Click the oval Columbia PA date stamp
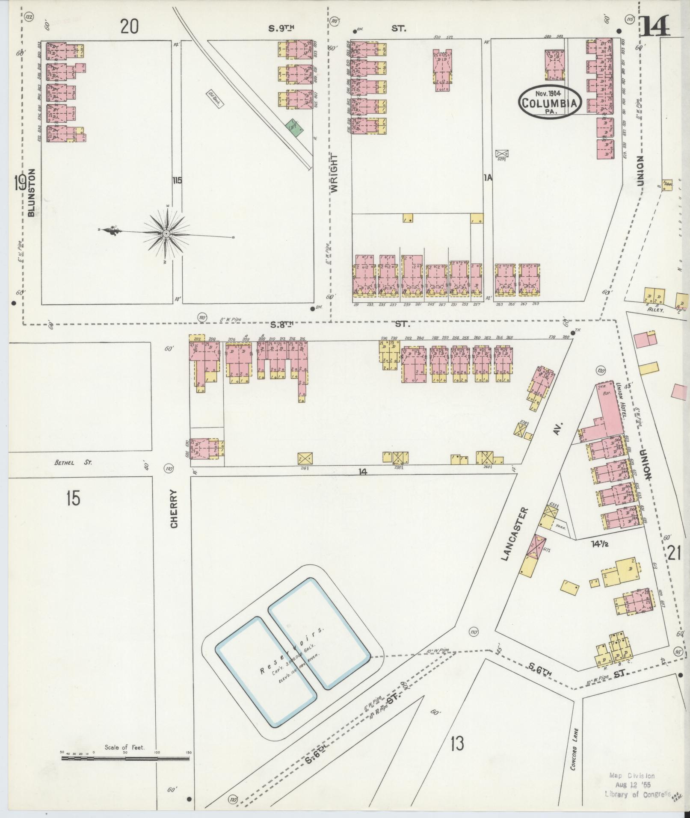tap(550, 101)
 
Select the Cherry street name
tap(174, 509)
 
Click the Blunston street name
tap(31, 192)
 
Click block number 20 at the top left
tap(129, 27)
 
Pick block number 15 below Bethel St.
tap(73, 498)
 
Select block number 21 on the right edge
tap(673, 553)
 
